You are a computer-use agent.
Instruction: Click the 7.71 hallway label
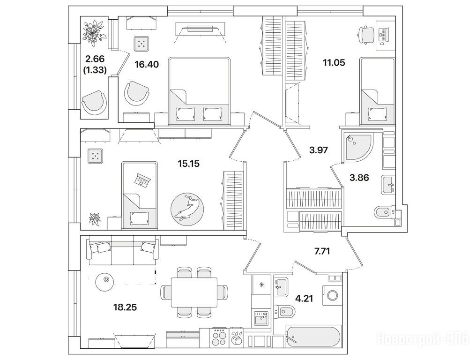(323, 251)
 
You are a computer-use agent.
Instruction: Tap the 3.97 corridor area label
(318, 150)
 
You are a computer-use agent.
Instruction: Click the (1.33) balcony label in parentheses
(95, 70)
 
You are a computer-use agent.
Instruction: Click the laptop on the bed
(141, 180)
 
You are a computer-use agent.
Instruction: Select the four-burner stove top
(219, 337)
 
